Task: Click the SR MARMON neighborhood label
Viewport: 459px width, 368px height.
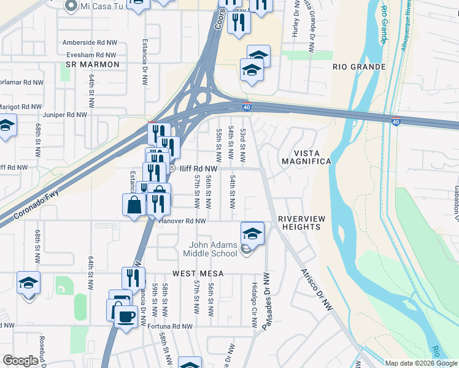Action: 92,64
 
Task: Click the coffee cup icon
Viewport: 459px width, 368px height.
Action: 126,316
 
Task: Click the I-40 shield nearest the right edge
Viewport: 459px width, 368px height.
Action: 396,121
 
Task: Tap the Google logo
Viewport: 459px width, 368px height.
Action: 20,361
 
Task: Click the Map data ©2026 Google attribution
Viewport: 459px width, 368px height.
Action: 421,363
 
